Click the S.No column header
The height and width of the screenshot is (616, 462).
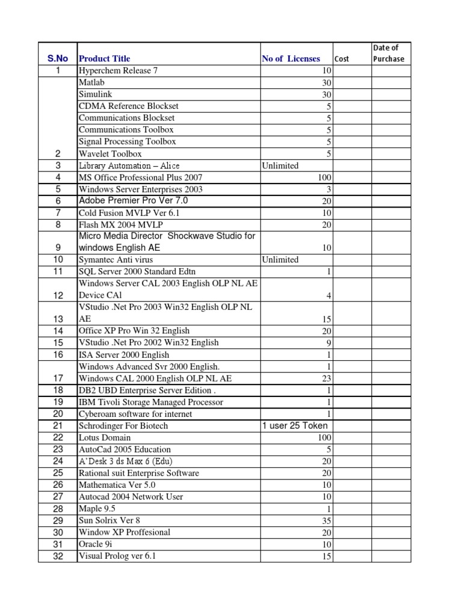[58, 58]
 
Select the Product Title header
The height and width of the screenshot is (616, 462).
[104, 58]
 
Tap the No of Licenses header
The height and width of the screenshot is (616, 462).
[291, 58]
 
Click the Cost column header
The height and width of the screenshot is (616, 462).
[342, 59]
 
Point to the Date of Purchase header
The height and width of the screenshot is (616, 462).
[389, 53]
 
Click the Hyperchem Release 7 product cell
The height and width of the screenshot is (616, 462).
[118, 70]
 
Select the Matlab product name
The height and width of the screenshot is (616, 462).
[91, 82]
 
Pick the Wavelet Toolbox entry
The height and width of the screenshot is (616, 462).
[110, 153]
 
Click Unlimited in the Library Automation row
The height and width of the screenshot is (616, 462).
[280, 165]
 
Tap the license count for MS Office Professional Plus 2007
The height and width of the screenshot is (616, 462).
[324, 177]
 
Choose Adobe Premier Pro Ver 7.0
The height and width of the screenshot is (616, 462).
[133, 200]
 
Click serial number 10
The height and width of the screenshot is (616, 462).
[58, 260]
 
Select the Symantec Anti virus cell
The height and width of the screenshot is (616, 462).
[115, 260]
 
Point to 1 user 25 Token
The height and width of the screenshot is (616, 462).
[295, 426]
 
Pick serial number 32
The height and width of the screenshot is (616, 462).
[58, 556]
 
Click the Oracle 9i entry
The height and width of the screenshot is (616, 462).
[94, 544]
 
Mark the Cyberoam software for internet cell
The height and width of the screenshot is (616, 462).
[135, 414]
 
